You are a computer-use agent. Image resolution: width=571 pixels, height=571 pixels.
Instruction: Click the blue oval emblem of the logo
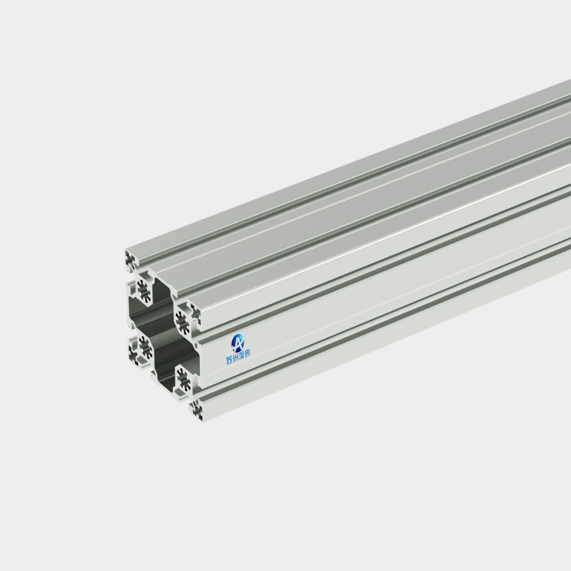(238, 343)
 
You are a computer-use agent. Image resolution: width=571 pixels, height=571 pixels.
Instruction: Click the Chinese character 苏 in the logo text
(229, 360)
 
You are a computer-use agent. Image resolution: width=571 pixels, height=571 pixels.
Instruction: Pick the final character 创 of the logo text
(247, 353)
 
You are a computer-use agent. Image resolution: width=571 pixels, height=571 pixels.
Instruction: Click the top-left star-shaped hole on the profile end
(144, 291)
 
